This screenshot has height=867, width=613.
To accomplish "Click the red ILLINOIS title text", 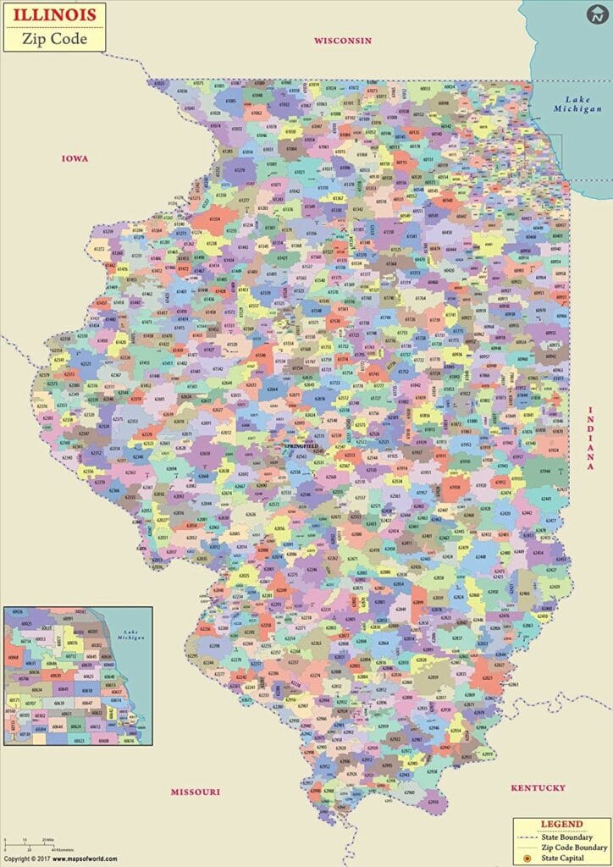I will click(x=53, y=14).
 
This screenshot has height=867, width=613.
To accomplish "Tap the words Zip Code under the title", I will click(x=53, y=37).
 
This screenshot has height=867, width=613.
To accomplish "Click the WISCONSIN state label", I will click(x=343, y=40).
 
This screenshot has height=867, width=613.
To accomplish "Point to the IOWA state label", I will click(x=75, y=158).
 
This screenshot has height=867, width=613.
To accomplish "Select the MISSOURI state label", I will click(x=195, y=792).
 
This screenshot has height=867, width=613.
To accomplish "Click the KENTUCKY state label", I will click(x=538, y=788).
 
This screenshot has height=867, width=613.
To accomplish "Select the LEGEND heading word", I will click(x=561, y=824).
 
